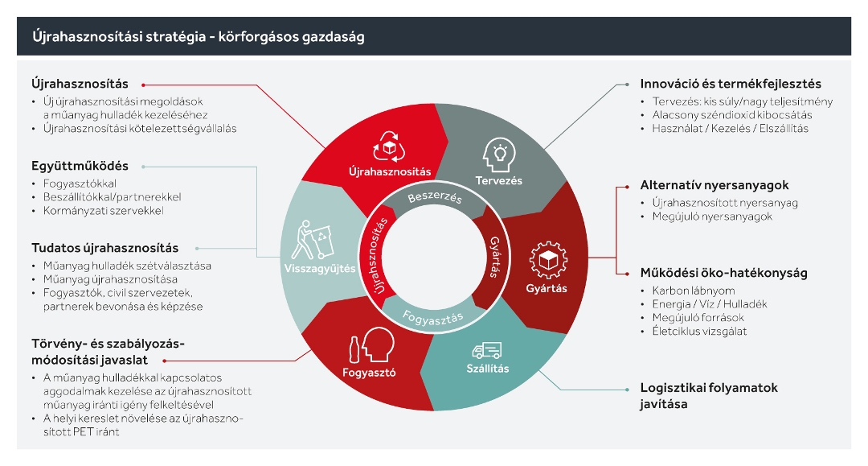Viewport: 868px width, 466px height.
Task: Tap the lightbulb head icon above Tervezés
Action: click(498, 153)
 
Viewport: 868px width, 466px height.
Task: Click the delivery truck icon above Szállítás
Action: click(487, 350)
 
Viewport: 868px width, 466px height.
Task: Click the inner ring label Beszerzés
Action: click(435, 196)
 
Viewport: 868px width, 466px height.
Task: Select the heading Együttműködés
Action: click(80, 167)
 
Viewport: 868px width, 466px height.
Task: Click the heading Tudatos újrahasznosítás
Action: click(104, 247)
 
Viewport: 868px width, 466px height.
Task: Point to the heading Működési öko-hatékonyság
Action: click(723, 272)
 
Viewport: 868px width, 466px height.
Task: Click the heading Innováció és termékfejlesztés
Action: click(731, 84)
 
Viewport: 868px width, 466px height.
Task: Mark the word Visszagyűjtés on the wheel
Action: click(320, 270)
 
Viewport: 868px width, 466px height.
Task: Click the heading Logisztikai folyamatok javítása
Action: click(708, 395)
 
